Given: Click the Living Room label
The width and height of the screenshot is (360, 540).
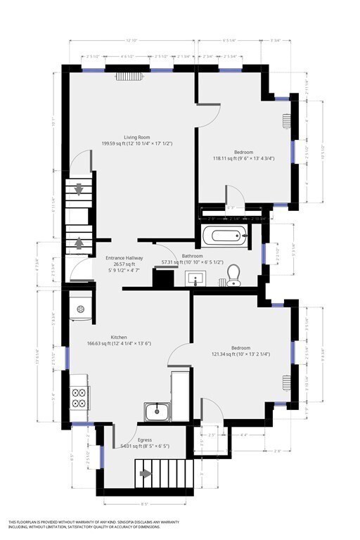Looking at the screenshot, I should [x=138, y=137].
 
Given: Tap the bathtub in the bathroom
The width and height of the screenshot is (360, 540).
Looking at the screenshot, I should [x=225, y=235].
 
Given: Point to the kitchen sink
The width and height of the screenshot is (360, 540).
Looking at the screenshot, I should [x=157, y=411].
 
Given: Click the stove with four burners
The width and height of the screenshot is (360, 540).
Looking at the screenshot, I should [x=78, y=399].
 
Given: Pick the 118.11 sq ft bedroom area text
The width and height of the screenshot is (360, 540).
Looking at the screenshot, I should [x=243, y=158].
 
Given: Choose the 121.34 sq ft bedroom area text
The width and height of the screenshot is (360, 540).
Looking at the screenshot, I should [x=241, y=354].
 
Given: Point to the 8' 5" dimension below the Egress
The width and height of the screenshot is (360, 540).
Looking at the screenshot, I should [x=144, y=503].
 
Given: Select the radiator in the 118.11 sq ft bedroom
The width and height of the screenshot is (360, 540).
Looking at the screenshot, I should [x=286, y=120].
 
